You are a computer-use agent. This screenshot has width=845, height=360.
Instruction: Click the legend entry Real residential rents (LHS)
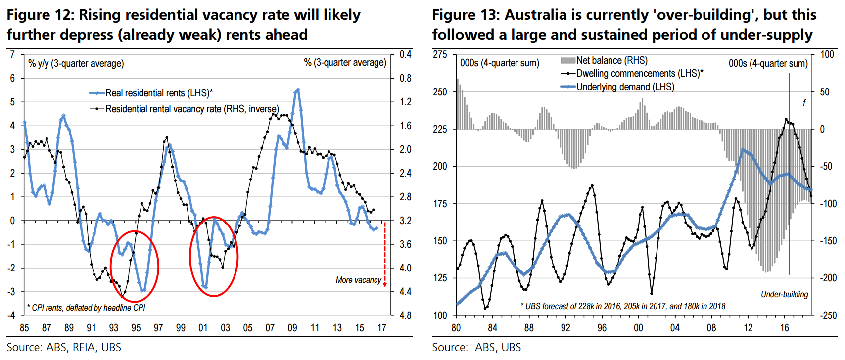pyautogui.click(x=158, y=93)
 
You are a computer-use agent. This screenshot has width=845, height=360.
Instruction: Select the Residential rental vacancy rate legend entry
pyautogui.click(x=191, y=109)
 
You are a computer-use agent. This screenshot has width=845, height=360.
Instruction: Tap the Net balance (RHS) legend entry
pyautogui.click(x=611, y=60)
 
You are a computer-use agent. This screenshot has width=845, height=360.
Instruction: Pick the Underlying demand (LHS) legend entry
pyautogui.click(x=625, y=87)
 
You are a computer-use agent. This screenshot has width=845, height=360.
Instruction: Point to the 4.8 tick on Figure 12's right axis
pyautogui.click(x=405, y=315)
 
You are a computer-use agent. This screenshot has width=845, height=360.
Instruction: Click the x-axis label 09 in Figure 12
pyautogui.click(x=292, y=328)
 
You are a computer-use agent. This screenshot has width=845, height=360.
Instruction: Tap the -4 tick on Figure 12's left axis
pyautogui.click(x=12, y=315)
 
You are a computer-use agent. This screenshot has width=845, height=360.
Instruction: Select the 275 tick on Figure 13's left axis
pyautogui.click(x=440, y=54)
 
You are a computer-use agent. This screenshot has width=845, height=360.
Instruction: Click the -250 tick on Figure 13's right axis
pyautogui.click(x=827, y=315)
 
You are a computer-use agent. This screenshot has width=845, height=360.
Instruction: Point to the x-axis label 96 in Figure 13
pyautogui.click(x=602, y=328)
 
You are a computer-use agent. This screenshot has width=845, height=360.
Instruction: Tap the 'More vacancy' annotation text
pyautogui.click(x=358, y=280)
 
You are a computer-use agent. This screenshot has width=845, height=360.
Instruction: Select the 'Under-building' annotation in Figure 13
pyautogui.click(x=784, y=294)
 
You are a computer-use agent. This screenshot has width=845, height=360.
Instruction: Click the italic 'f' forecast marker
pyautogui.click(x=804, y=103)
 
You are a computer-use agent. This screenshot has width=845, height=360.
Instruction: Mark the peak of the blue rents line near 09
pyautogui.click(x=297, y=90)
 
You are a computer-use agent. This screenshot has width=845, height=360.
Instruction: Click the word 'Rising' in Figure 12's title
pyautogui.click(x=100, y=15)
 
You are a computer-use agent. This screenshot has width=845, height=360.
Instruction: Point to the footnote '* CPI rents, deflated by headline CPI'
pyautogui.click(x=86, y=308)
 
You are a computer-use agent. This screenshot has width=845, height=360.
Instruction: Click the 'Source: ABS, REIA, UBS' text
pyautogui.click(x=64, y=347)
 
